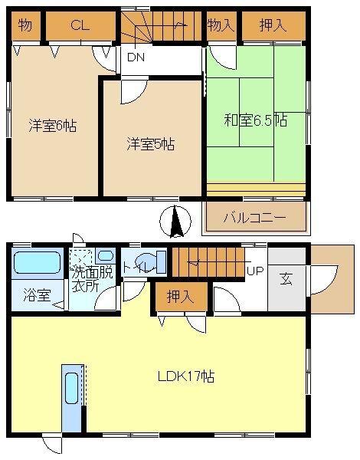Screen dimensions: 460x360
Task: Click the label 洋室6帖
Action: click(53, 124)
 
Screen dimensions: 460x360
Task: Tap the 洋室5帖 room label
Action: click(150, 143)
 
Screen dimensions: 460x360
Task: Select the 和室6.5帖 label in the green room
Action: click(256, 121)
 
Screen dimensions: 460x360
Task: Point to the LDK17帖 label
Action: click(185, 376)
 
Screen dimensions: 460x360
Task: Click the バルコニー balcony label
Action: click(254, 217)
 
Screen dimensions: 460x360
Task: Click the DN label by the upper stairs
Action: click(136, 57)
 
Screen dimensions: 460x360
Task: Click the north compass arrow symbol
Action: click(176, 222)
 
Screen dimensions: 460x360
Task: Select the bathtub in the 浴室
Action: click(37, 263)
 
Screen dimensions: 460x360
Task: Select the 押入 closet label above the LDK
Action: click(181, 297)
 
